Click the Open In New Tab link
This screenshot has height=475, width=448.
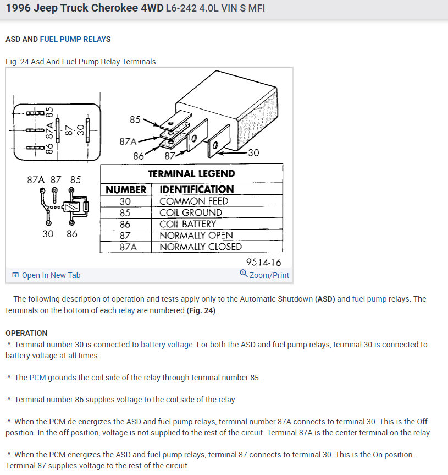pyautogui.click(x=51, y=275)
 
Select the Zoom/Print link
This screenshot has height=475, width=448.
pyautogui.click(x=269, y=275)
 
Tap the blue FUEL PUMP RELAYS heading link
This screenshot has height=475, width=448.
pyautogui.click(x=75, y=39)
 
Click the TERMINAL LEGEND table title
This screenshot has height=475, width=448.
pyautogui.click(x=191, y=173)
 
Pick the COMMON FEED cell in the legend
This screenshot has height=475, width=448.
pyautogui.click(x=193, y=201)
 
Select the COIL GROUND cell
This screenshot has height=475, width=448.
pyautogui.click(x=191, y=212)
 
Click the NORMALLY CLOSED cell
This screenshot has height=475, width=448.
pyautogui.click(x=201, y=247)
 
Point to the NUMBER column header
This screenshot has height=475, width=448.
pyautogui.click(x=126, y=189)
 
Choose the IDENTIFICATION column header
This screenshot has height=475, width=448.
pyautogui.click(x=196, y=189)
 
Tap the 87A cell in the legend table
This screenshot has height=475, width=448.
pyautogui.click(x=126, y=247)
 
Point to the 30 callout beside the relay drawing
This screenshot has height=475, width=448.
pyautogui.click(x=253, y=152)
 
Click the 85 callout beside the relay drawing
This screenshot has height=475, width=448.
pyautogui.click(x=135, y=119)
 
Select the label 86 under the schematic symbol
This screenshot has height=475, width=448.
pyautogui.click(x=71, y=234)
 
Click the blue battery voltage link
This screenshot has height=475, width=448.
pyautogui.click(x=167, y=345)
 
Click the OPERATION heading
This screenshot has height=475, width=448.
pyautogui.click(x=26, y=333)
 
